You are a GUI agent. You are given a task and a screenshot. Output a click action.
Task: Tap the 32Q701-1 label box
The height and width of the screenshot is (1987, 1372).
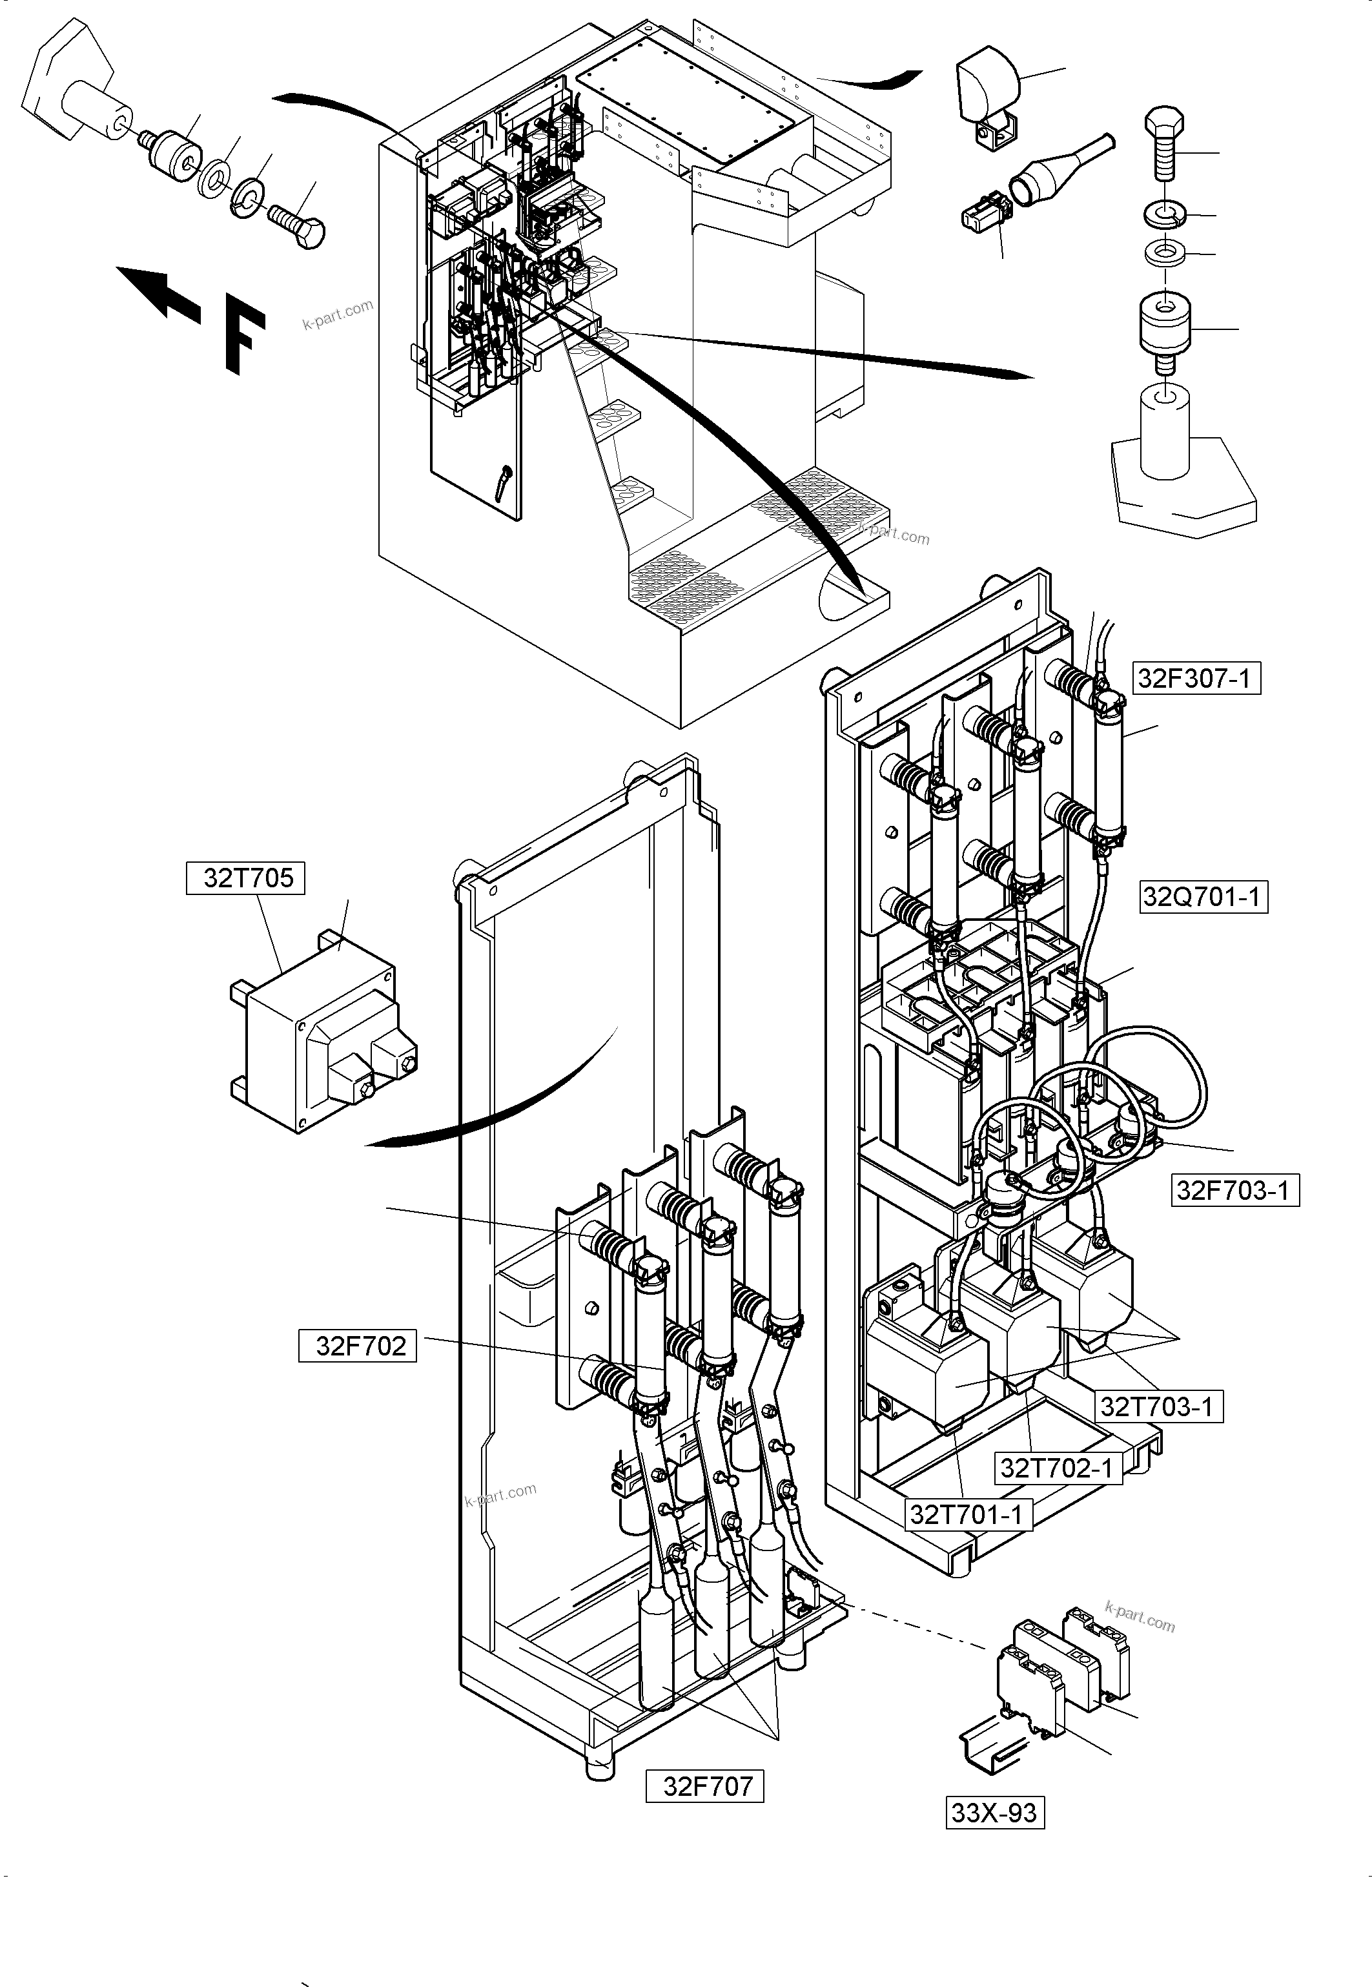[x=1203, y=897]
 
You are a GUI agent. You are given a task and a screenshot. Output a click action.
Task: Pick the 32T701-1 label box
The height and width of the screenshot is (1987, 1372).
[x=968, y=1514]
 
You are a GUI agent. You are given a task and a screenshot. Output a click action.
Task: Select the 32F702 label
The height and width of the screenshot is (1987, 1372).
[x=358, y=1346]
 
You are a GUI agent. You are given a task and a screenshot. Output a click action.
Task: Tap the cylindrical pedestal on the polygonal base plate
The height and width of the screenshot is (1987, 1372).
[x=1164, y=430]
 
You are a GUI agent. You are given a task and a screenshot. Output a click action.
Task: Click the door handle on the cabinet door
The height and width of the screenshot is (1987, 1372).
[x=504, y=482]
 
